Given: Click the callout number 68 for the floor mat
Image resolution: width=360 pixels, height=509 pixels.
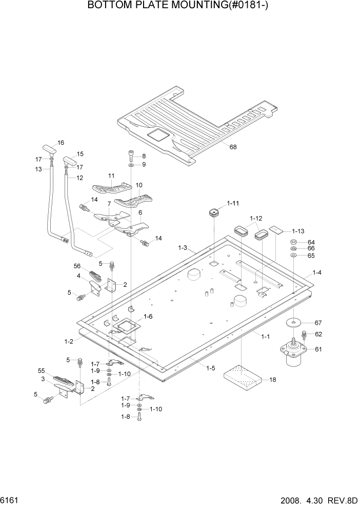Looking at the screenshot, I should tap(233, 147).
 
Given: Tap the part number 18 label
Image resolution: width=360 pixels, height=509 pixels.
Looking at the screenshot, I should tap(272, 380).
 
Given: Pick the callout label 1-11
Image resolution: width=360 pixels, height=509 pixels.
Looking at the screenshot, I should tap(233, 203).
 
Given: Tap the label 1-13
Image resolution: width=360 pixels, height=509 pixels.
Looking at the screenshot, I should tap(298, 231).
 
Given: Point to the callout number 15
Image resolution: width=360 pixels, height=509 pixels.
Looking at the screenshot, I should tap(79, 154).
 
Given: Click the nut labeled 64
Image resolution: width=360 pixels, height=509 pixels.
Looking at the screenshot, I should tap(293, 242).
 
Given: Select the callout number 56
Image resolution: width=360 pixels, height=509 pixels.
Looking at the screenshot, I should tap(77, 266).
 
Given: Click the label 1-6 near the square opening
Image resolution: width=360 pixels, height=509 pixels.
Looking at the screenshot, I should tap(148, 317).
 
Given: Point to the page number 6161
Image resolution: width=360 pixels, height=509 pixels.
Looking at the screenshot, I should tap(10, 499).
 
